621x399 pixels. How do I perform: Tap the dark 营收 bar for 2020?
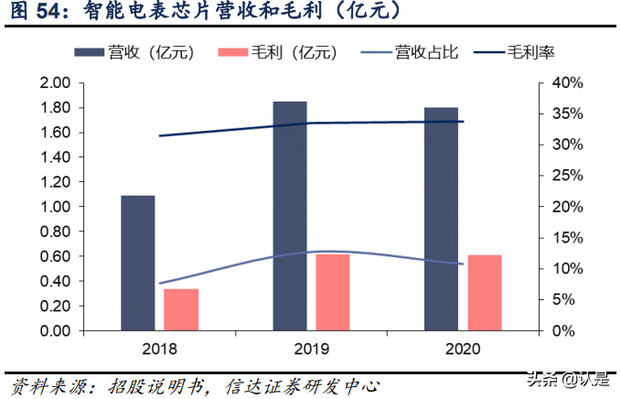tap(441, 219)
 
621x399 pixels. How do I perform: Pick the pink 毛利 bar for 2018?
tap(181, 309)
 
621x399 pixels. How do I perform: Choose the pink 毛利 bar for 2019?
tap(333, 292)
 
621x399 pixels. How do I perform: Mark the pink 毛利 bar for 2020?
tap(485, 292)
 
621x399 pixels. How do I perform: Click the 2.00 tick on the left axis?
tap(55, 83)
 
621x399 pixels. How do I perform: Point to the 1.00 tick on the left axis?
tap(55, 207)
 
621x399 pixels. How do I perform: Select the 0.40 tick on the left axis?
tap(55, 281)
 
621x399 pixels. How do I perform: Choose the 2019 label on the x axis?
tap(311, 349)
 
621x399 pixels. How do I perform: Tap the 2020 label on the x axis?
tap(463, 349)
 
